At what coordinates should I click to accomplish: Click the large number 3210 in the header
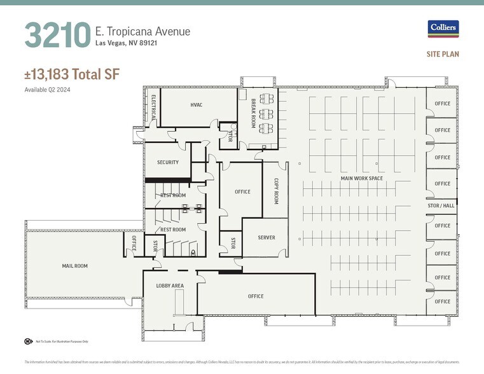[x=57, y=35]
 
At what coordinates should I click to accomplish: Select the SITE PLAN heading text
[x=443, y=55]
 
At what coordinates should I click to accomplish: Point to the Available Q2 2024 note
[x=47, y=90]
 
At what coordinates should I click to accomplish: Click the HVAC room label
[x=196, y=105]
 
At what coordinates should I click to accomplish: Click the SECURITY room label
[x=168, y=162]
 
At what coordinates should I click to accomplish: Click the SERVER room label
[x=266, y=237]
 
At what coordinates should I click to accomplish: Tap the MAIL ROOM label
[x=74, y=266]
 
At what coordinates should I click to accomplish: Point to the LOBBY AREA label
[x=170, y=286]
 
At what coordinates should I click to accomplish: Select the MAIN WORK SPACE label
[x=361, y=178]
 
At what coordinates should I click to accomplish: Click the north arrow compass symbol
[x=28, y=341]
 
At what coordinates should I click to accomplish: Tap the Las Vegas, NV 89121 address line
[x=126, y=43]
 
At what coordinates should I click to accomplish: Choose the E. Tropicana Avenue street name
[x=142, y=31]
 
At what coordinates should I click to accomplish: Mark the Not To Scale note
[x=52, y=342]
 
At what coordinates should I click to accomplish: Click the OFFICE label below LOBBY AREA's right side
[x=256, y=296]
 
